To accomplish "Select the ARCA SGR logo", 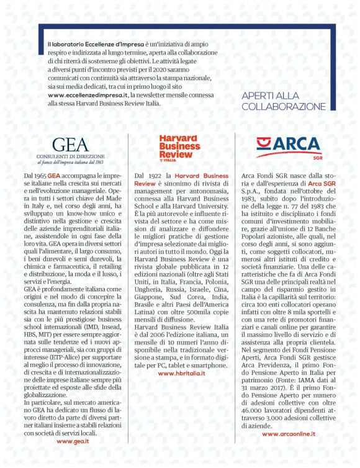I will (x=289, y=146).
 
